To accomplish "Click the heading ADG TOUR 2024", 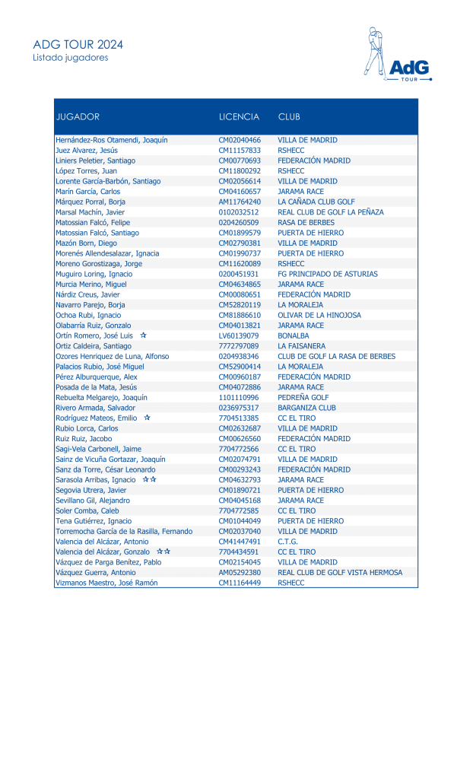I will [78, 44].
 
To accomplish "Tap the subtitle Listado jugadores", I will [71, 58].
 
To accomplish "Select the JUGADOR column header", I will [78, 117].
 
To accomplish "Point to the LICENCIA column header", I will [239, 117].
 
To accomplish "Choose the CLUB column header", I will [289, 117].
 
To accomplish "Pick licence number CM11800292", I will [240, 171].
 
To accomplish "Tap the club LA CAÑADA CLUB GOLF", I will [316, 202].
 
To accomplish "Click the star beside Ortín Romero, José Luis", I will [143, 335].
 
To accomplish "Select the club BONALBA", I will [294, 335].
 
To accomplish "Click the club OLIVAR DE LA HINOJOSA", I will [319, 315].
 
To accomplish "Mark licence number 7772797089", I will [239, 346].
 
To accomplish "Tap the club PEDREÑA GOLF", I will [303, 397].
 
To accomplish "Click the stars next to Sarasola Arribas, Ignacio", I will [150, 480].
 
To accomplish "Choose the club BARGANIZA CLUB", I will [306, 408].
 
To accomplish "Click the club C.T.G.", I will [288, 542].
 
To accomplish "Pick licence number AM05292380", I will [240, 573].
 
